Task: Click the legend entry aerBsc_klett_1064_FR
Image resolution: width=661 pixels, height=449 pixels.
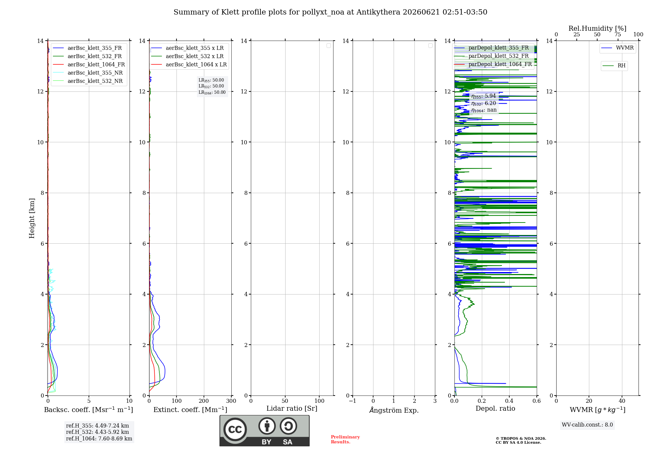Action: [x=89, y=64]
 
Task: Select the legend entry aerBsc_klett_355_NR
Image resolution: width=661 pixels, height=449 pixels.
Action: [x=88, y=73]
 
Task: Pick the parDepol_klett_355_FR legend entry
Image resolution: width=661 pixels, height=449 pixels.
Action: [x=491, y=48]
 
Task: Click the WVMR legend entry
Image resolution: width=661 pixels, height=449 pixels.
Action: [x=617, y=48]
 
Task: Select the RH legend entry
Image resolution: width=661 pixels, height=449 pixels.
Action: [x=614, y=66]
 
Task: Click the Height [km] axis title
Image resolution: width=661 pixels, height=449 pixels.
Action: [x=32, y=218]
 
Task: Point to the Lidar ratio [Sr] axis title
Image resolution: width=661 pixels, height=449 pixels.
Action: [x=292, y=408]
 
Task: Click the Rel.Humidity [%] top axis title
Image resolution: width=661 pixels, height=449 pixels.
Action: [x=597, y=28]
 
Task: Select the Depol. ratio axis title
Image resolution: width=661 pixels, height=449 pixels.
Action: [x=495, y=408]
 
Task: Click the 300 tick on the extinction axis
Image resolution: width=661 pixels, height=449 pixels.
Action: [x=231, y=401]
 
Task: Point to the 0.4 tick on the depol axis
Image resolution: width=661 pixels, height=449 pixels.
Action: [x=509, y=401]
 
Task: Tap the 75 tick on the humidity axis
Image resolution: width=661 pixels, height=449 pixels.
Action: [x=618, y=34]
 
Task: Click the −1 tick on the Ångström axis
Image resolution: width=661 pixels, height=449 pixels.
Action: [x=353, y=401]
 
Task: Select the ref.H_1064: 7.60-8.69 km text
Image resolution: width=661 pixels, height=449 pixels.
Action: [x=99, y=438]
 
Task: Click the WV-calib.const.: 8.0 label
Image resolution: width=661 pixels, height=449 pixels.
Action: [x=587, y=425]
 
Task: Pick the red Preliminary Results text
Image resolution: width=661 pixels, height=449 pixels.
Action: [x=345, y=439]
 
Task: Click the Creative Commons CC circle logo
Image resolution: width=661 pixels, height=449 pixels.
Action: [x=235, y=430]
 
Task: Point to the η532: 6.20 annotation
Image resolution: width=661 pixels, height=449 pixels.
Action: [x=484, y=103]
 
